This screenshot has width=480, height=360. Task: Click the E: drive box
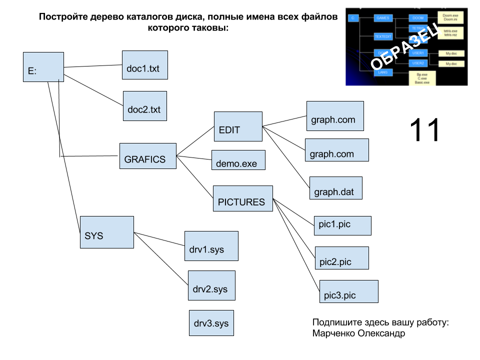coord(43,67)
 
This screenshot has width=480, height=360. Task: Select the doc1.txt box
coord(145,65)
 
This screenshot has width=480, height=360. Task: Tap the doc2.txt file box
coord(145,106)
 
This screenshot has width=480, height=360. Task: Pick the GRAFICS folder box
coord(148,156)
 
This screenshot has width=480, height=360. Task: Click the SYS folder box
coord(107,232)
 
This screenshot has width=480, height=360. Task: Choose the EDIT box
coord(238,126)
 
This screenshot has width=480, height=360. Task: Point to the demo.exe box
coord(238,160)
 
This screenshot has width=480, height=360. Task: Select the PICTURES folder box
coord(243,198)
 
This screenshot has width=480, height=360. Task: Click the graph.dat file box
coord(336,188)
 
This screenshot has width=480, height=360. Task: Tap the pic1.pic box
coord(343,225)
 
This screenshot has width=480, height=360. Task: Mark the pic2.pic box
coord(342,258)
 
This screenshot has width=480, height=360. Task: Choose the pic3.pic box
coord(349,291)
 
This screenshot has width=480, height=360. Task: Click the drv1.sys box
coord(211,246)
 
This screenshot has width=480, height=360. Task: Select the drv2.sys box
coord(211,285)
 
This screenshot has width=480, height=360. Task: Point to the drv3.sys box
coord(211,323)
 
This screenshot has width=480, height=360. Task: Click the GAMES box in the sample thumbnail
coord(382,18)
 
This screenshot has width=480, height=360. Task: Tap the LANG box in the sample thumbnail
coord(383,72)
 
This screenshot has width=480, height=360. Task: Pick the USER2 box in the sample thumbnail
coord(417,63)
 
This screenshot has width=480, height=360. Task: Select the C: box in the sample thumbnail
coord(353,18)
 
